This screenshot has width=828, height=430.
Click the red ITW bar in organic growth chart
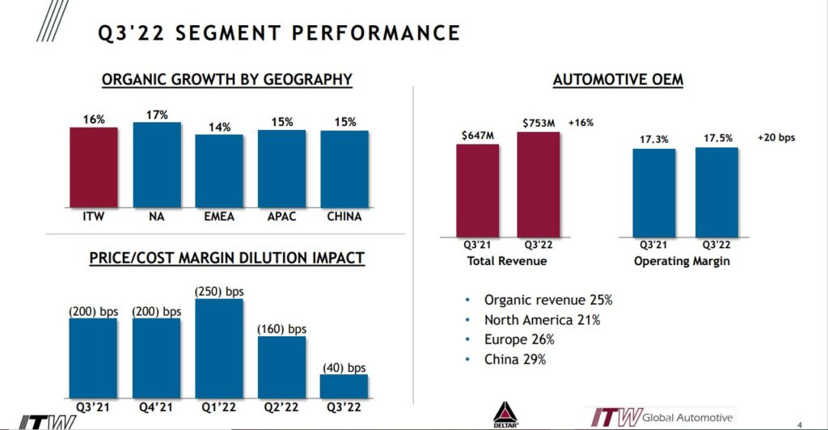click(94, 167)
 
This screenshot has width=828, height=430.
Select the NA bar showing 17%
click(157, 165)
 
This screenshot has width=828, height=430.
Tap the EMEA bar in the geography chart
click(219, 171)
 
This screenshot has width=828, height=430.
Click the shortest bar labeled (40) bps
click(344, 386)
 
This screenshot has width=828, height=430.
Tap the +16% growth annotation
click(581, 123)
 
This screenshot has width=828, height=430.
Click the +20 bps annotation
click(775, 137)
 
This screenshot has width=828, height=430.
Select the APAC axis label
click(281, 217)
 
